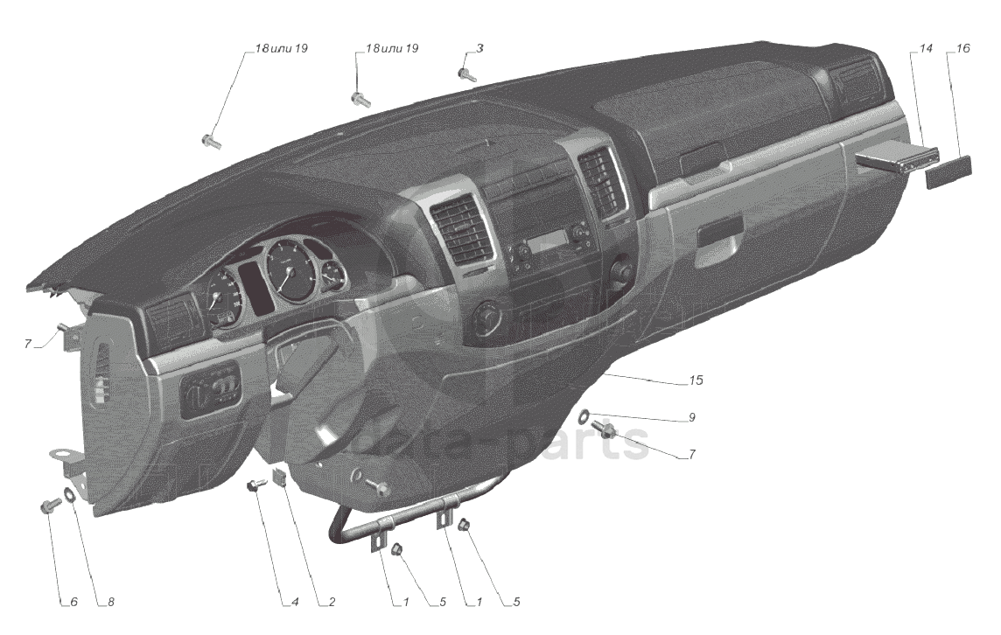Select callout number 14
tap(916, 49)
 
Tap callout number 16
tap(962, 49)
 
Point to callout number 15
tap(696, 381)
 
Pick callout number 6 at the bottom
tap(73, 602)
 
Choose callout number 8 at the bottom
tap(110, 602)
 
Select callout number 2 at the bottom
tap(332, 602)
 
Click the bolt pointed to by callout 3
tap(467, 75)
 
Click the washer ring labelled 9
tap(584, 415)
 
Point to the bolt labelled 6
tap(49, 506)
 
